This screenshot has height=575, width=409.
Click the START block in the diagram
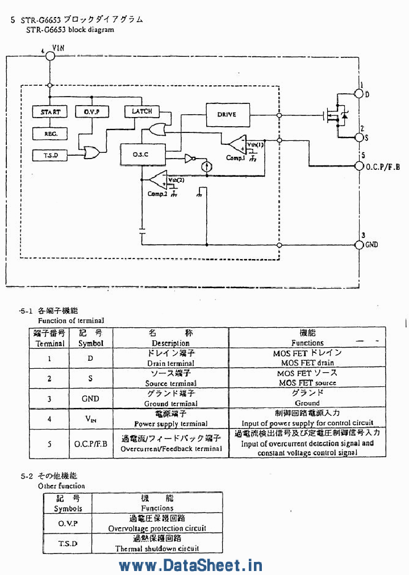click(50, 112)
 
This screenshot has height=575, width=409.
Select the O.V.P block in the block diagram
click(92, 112)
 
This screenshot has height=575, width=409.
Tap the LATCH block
click(142, 111)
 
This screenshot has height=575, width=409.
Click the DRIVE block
click(227, 114)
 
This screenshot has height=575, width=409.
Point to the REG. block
click(50, 134)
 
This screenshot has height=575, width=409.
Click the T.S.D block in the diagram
click(50, 155)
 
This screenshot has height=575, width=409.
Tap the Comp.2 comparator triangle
click(158, 179)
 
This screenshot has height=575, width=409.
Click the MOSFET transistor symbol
click(336, 116)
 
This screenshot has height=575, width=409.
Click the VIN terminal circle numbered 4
click(50, 55)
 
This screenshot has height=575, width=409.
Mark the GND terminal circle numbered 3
click(359, 244)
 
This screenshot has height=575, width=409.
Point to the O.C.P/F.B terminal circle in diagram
click(359, 166)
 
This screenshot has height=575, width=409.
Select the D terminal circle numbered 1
click(359, 93)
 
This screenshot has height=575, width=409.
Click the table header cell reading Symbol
click(90, 343)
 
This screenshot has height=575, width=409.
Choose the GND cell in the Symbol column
click(90, 398)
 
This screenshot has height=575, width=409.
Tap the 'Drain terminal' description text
click(170, 363)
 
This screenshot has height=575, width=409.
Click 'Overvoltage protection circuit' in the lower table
click(157, 528)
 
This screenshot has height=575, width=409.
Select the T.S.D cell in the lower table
click(68, 543)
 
